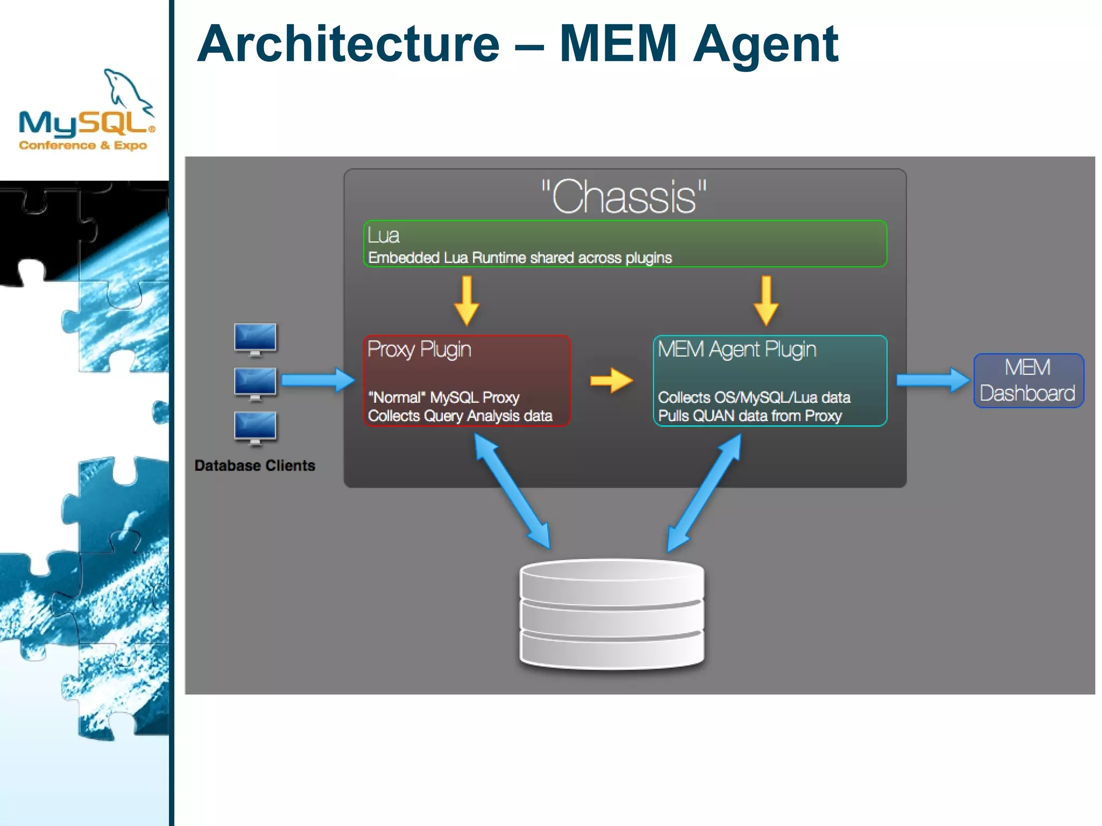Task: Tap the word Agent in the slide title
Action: (765, 44)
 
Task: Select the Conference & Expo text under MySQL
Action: (83, 145)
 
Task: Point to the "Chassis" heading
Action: (624, 197)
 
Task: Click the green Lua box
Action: (624, 244)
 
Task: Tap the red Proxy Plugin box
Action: (467, 380)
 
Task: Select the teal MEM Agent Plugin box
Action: (769, 380)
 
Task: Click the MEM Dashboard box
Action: (1028, 380)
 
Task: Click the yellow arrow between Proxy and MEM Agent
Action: (611, 380)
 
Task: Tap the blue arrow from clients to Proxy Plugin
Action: (317, 380)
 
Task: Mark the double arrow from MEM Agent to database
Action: (704, 492)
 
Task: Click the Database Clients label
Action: (255, 465)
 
